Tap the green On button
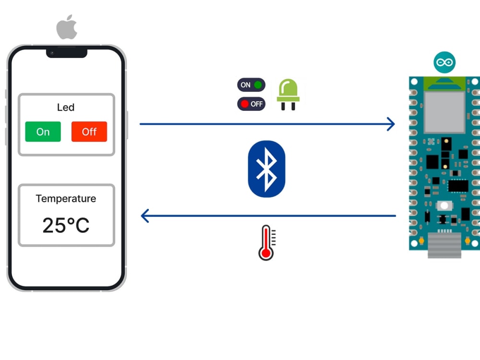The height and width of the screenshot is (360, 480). [43, 132]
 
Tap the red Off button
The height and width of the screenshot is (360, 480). [89, 132]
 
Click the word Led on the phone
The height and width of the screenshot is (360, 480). [66, 107]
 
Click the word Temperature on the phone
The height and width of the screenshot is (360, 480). [66, 198]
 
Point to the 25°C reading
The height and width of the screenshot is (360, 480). [66, 225]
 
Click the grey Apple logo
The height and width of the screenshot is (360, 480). [67, 28]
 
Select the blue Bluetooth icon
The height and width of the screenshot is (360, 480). [266, 169]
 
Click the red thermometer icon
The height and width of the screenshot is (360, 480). [266, 243]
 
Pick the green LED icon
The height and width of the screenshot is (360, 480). [288, 94]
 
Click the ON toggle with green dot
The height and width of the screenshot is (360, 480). [251, 85]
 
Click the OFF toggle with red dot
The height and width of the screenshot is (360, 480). [251, 104]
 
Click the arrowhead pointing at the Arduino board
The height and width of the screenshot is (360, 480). [391, 124]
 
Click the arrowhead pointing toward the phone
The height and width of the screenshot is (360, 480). [145, 216]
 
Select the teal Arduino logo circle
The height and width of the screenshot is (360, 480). [444, 63]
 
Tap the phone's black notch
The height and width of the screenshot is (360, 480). [67, 52]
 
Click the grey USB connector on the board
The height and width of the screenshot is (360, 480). [444, 245]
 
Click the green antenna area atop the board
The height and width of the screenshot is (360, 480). [444, 83]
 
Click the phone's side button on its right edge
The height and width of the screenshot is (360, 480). [127, 125]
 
